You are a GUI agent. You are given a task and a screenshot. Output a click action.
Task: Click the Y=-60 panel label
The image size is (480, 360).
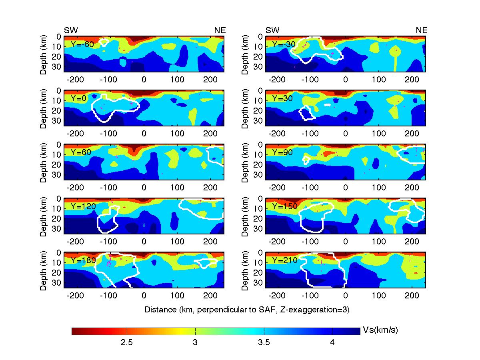(82, 44)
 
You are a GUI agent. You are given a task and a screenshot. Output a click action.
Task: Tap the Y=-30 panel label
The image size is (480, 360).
(284, 44)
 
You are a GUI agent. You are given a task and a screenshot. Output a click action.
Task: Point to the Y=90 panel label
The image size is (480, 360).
(284, 152)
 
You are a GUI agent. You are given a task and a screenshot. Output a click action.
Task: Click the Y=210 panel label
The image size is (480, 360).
(284, 260)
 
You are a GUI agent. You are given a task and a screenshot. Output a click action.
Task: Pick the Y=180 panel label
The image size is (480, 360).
(82, 260)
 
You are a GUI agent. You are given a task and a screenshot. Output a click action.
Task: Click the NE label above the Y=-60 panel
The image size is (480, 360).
(220, 30)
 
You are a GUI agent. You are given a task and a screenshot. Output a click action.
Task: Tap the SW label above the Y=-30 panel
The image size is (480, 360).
(272, 30)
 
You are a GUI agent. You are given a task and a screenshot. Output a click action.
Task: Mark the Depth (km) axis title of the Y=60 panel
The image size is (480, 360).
(44, 164)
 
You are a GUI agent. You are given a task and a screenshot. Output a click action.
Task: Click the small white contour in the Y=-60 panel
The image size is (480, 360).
(104, 42)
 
